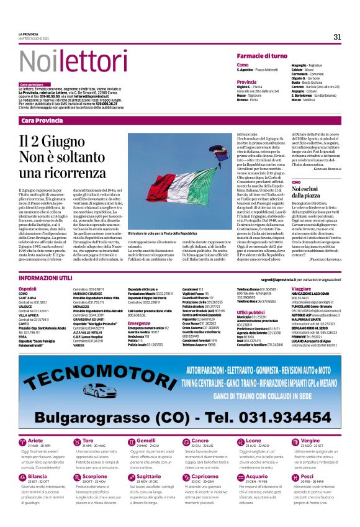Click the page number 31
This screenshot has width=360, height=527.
point(337,37)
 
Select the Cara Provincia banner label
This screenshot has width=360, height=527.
point(42,120)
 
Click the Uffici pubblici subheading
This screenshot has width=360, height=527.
point(251,313)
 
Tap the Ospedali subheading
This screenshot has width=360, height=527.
point(28,289)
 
